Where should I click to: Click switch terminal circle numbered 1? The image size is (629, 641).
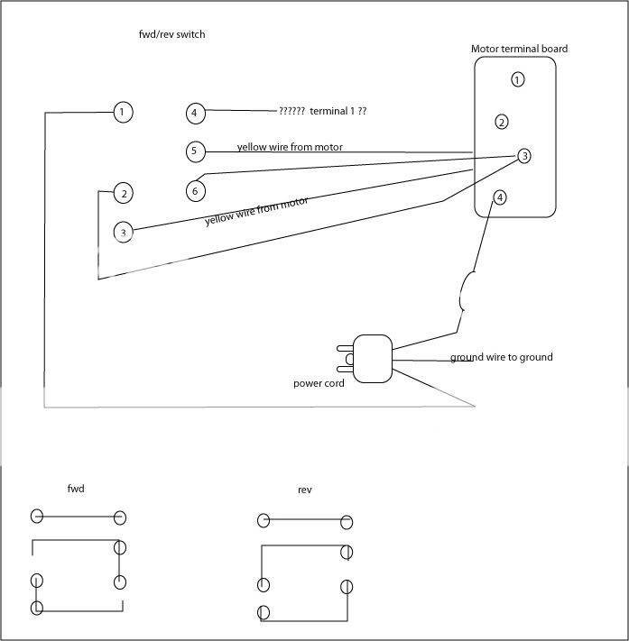click(x=124, y=113)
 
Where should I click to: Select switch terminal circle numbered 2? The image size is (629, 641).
click(x=124, y=193)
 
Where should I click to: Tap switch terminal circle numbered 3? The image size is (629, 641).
click(x=124, y=233)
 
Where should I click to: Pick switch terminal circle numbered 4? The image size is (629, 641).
click(x=194, y=113)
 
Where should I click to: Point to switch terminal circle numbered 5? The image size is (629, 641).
click(x=194, y=151)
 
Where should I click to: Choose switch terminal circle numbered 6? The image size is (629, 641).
click(x=195, y=190)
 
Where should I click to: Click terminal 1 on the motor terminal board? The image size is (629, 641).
click(x=517, y=80)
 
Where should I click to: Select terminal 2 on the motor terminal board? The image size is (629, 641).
click(x=502, y=122)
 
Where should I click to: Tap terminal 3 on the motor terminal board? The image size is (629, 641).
click(x=524, y=156)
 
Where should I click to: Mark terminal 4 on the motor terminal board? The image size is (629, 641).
click(x=500, y=197)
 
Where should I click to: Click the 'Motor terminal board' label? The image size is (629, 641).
click(x=519, y=49)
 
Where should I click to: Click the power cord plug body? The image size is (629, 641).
click(x=373, y=359)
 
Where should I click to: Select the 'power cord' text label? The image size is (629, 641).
click(x=319, y=383)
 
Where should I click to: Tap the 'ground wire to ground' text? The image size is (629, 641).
click(x=501, y=358)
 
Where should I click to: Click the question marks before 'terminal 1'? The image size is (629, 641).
click(x=291, y=111)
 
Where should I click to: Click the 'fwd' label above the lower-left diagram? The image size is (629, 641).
click(x=77, y=489)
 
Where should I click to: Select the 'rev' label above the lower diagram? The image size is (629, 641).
click(x=304, y=490)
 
